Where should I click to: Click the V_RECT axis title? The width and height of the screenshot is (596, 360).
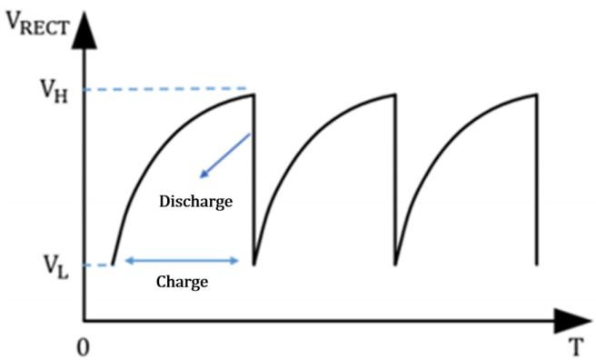[x=38, y=25]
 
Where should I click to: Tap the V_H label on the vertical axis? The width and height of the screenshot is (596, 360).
[x=55, y=92]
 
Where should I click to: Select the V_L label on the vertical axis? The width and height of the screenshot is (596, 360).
[x=55, y=267]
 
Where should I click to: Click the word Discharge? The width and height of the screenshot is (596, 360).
[x=195, y=202]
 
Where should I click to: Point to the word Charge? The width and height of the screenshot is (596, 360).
[x=182, y=283]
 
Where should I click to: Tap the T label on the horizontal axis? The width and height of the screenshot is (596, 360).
[x=576, y=346]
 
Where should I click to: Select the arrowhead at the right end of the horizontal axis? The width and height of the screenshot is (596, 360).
[x=572, y=321]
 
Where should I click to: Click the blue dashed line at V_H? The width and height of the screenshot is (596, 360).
[x=165, y=89]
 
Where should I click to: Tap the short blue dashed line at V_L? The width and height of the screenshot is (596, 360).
[x=98, y=265]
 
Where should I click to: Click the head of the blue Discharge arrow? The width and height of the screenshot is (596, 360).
[x=204, y=175]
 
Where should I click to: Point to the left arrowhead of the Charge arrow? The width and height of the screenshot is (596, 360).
[x=129, y=260]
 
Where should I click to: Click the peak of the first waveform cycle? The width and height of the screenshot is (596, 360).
[x=253, y=95]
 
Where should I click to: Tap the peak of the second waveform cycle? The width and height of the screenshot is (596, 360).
[x=395, y=95]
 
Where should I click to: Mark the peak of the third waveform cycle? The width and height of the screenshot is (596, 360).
[x=536, y=95]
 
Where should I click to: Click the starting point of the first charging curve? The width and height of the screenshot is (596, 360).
[x=113, y=265]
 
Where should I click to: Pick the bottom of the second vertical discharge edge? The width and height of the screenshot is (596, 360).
[x=396, y=265]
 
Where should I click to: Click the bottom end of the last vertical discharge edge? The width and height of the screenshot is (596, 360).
[x=537, y=265]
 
